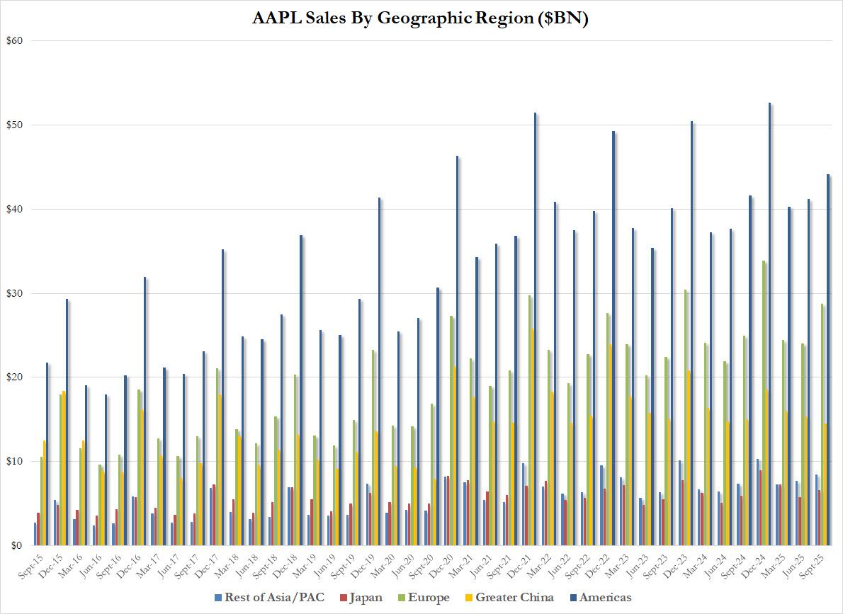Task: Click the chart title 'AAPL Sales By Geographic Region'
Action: [x=421, y=18]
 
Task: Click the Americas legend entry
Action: [x=601, y=598]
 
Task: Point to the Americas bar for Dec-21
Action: [x=535, y=329]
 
